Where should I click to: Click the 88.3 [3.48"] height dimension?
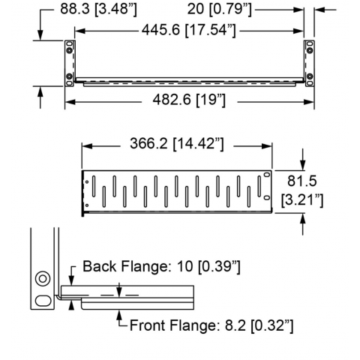98,10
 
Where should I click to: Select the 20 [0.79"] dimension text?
219,10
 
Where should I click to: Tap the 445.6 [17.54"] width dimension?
189,30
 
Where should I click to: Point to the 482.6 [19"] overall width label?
189,100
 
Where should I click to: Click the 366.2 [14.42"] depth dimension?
177,144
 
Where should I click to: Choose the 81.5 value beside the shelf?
301,181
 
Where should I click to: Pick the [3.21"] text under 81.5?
302,200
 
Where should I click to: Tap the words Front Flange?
172,325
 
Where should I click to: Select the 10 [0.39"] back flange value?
208,266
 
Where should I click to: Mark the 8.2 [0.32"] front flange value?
259,325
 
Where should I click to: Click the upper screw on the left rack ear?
69,50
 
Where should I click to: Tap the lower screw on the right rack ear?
310,76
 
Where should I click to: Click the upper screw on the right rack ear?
310,50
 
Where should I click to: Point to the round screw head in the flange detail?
42,278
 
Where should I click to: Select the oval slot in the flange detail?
43,300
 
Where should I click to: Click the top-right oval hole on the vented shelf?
267,174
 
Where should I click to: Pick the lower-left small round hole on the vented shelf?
87,205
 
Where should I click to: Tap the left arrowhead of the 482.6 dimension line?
70,102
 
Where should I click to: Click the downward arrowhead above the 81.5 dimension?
303,165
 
